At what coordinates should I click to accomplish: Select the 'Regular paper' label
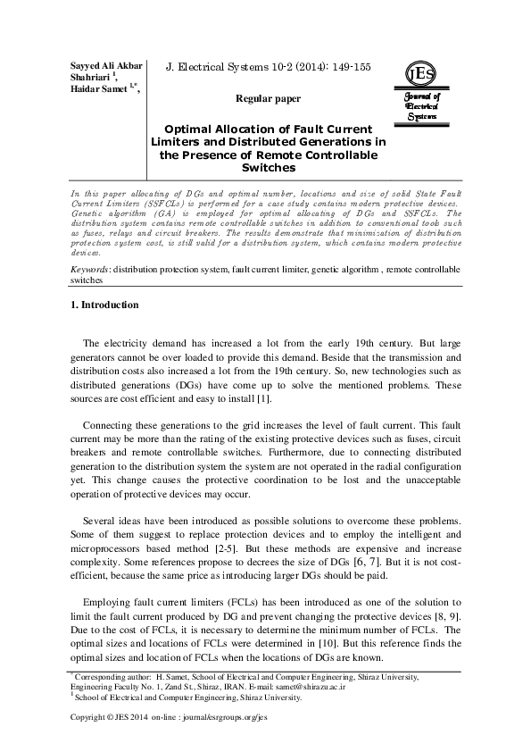pyautogui.click(x=268, y=99)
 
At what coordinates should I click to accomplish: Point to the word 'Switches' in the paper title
pyautogui.click(x=268, y=167)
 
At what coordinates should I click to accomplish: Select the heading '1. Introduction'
pyautogui.click(x=104, y=305)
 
